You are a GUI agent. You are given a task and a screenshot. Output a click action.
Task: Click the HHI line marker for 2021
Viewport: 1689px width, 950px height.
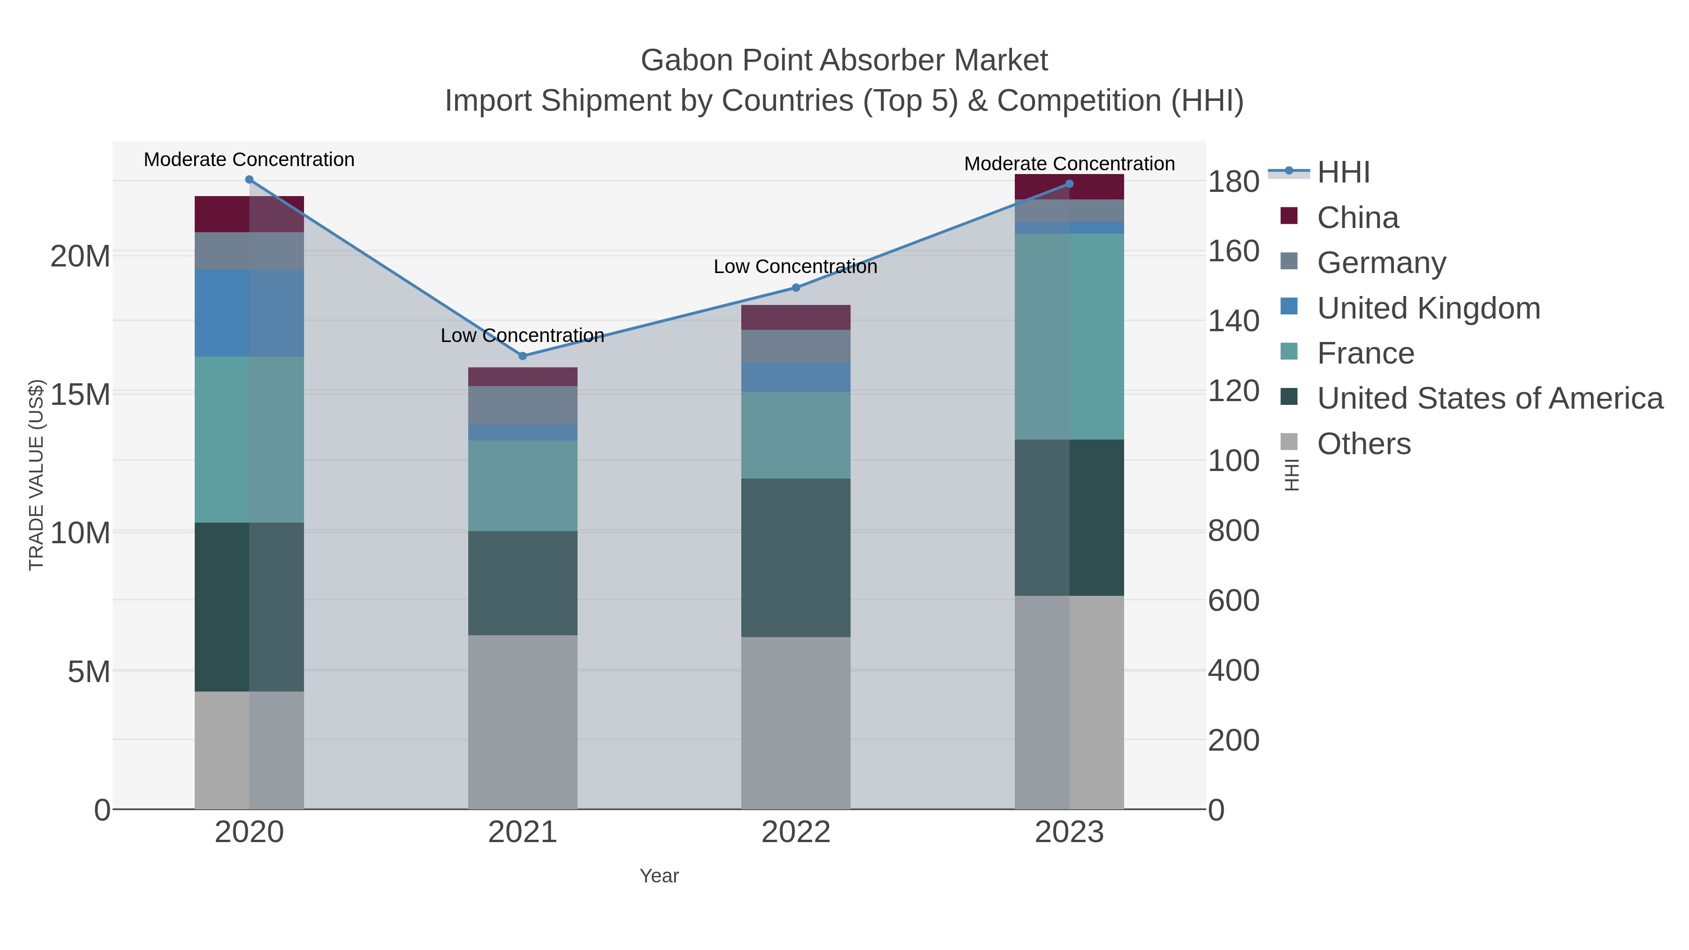coord(523,356)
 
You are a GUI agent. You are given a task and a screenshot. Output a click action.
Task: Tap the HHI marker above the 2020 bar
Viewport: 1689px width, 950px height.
coord(249,180)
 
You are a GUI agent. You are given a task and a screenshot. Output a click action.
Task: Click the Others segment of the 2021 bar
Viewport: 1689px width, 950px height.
coord(523,721)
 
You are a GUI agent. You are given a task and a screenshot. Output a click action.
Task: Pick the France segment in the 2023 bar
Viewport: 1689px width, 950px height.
coord(1069,336)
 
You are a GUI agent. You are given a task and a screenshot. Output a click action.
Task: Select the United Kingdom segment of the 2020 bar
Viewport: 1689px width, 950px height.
coord(249,313)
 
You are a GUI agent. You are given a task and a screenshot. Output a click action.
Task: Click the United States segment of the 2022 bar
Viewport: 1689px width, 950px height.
coord(796,557)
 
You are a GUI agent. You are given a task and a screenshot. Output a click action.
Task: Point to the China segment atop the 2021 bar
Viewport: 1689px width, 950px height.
coord(523,377)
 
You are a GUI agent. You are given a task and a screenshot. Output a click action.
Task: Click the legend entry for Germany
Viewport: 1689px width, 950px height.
coord(1381,263)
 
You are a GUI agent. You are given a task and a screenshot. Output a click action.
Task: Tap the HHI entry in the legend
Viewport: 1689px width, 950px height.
coord(1343,173)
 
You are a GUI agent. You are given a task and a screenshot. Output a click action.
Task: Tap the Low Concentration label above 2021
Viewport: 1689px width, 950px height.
coord(523,336)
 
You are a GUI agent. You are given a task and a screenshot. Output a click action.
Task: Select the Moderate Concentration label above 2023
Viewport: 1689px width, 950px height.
coord(1069,164)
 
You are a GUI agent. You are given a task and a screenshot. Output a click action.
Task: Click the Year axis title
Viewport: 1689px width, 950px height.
coord(659,876)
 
